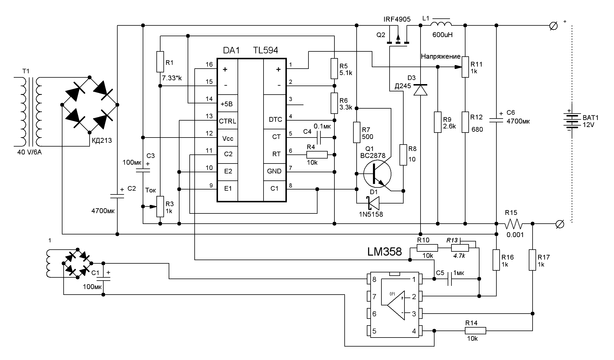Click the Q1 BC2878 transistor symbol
coord(377,174)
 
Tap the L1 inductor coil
coord(441,24)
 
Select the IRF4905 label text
coord(397,19)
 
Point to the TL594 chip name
coord(265,50)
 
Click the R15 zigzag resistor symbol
coord(514,224)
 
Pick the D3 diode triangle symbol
coord(420,90)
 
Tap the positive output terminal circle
coord(553,26)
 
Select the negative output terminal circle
coord(560,224)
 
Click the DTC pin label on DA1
coord(275,120)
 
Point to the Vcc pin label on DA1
coord(228,138)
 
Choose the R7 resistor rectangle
coord(357,133)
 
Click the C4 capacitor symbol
coord(319,138)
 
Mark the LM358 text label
coord(384,252)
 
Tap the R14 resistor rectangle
coord(475,331)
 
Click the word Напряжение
coord(440,57)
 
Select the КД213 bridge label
coord(102,141)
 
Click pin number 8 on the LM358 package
coord(374,279)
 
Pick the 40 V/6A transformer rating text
coord(29,152)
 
